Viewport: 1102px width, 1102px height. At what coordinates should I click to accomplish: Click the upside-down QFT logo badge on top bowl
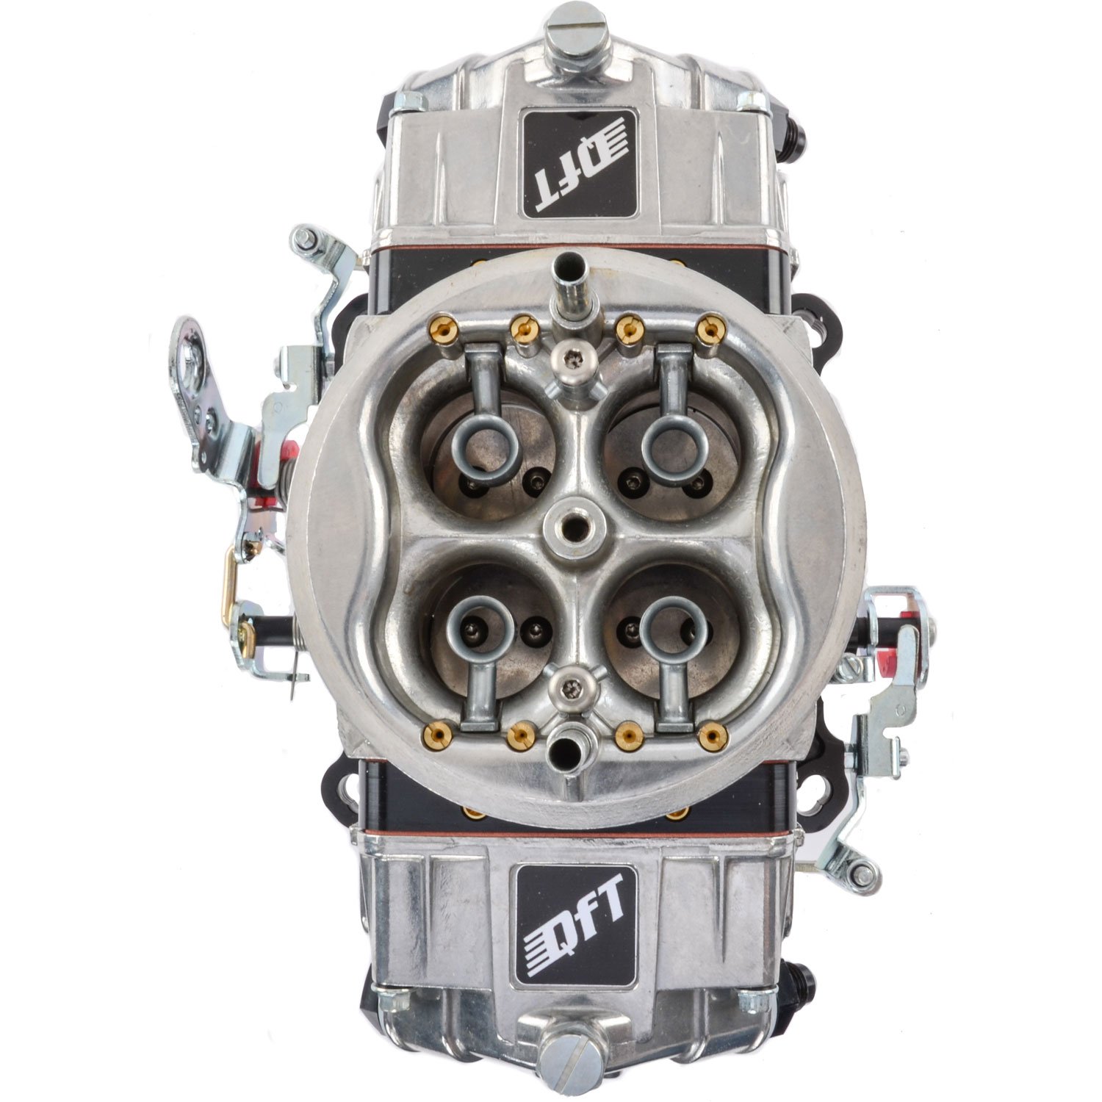[x=578, y=163]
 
